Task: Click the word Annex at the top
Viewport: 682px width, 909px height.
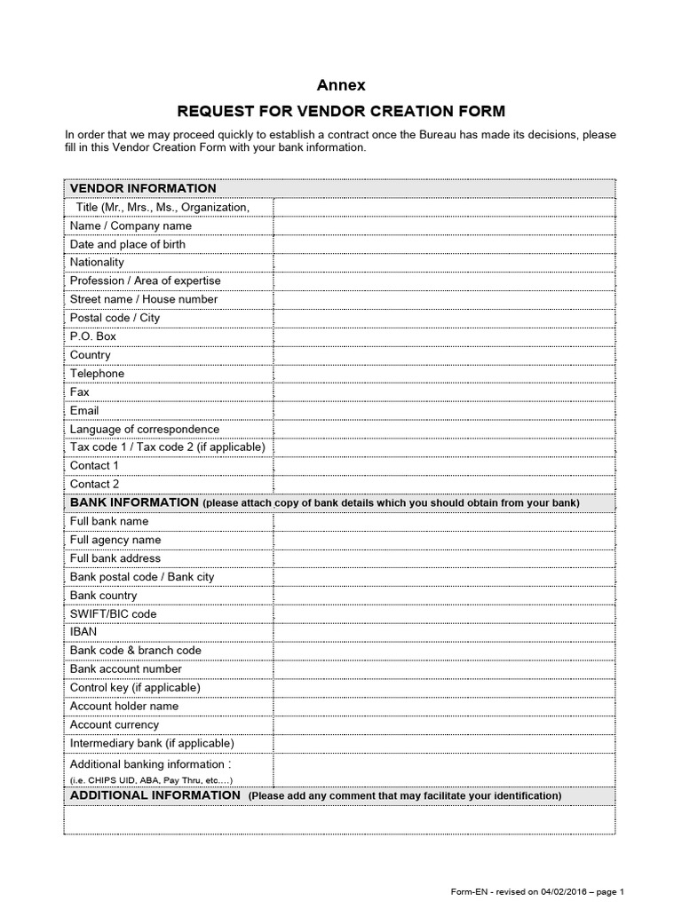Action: pyautogui.click(x=341, y=85)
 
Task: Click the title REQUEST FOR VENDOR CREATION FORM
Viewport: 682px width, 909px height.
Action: pyautogui.click(x=341, y=111)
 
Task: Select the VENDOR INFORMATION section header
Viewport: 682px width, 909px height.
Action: pyautogui.click(x=143, y=188)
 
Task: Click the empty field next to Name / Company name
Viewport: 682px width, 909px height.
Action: pyautogui.click(x=443, y=225)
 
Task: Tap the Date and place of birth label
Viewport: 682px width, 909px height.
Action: pyautogui.click(x=128, y=244)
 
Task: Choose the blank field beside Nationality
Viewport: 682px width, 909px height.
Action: pyautogui.click(x=443, y=263)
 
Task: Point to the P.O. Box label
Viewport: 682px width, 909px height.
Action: pyautogui.click(x=93, y=336)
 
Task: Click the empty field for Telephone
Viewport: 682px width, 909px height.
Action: pyautogui.click(x=443, y=374)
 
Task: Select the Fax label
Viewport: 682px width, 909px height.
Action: pyautogui.click(x=80, y=391)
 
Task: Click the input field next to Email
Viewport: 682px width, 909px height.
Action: pyautogui.click(x=443, y=411)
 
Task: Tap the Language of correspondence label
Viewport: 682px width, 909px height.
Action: pyautogui.click(x=145, y=430)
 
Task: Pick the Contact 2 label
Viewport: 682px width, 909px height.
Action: pyautogui.click(x=94, y=484)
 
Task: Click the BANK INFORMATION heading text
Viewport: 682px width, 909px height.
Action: pyautogui.click(x=134, y=502)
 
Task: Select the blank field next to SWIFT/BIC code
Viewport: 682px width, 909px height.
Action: pyautogui.click(x=443, y=613)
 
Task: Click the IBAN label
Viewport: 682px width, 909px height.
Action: pyautogui.click(x=83, y=632)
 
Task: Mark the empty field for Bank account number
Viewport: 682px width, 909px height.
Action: pyautogui.click(x=443, y=669)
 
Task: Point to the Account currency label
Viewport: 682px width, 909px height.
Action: pyautogui.click(x=115, y=724)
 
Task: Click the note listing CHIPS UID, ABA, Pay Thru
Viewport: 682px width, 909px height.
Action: pyautogui.click(x=152, y=779)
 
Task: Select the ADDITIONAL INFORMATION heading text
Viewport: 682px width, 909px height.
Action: pyautogui.click(x=155, y=795)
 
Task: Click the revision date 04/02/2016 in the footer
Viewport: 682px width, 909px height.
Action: pyautogui.click(x=552, y=892)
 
